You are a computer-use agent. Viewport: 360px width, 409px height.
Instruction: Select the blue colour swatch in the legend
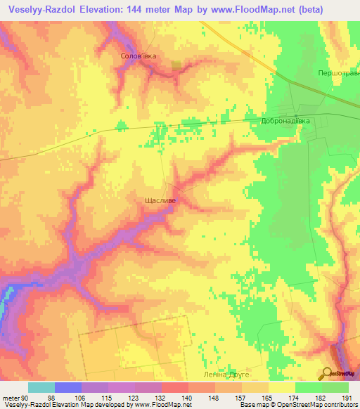pos(68,387)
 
